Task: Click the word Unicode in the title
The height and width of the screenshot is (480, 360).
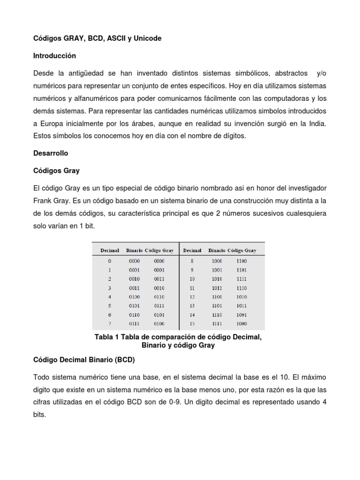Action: [x=147, y=38]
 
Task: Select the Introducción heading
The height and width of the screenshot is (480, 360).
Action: [x=54, y=55]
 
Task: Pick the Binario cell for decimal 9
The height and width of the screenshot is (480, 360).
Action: [x=217, y=270]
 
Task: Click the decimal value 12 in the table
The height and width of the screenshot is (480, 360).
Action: [x=191, y=297]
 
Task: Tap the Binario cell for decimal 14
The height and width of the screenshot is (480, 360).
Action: [x=217, y=315]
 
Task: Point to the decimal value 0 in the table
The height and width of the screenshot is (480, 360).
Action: [x=110, y=261]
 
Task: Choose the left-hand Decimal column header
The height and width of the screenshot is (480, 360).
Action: [x=110, y=250]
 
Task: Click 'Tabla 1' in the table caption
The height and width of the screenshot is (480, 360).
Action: [x=107, y=337]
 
